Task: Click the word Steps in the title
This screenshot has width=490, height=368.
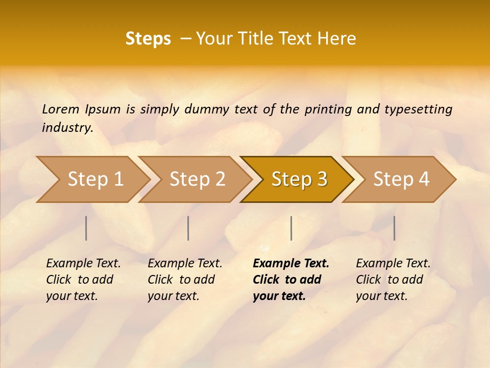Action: [148, 39]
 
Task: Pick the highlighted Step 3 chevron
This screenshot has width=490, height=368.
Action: [298, 179]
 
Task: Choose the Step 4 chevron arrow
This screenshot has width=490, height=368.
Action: [400, 179]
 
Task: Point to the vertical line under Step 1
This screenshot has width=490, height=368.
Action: [86, 228]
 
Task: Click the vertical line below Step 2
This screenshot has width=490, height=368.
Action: [188, 228]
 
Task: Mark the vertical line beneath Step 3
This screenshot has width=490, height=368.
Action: [291, 228]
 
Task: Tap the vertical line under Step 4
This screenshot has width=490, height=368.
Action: [394, 228]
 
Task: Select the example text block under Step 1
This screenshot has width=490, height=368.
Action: [83, 279]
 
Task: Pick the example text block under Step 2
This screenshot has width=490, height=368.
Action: [185, 279]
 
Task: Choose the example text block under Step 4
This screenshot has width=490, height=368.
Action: [393, 279]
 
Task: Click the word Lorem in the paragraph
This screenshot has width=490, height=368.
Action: [61, 109]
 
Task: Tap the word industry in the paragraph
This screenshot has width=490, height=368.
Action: [67, 128]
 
